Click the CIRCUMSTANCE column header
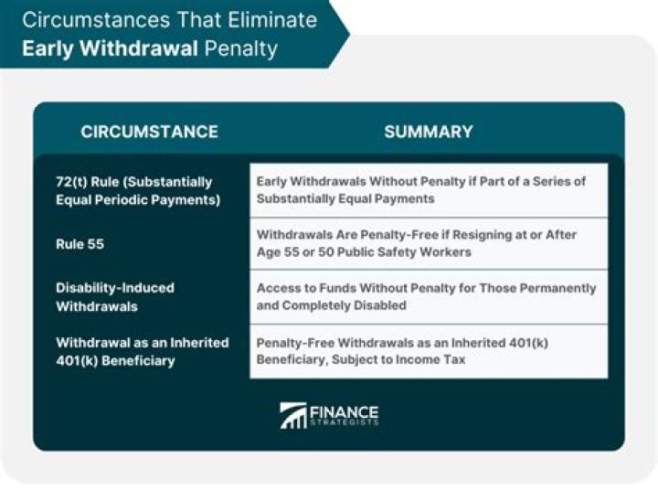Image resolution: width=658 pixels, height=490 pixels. (149, 132)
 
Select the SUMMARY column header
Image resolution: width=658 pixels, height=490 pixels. (428, 132)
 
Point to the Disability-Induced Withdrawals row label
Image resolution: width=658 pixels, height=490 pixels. (115, 296)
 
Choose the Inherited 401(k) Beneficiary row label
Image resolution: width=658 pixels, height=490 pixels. (142, 350)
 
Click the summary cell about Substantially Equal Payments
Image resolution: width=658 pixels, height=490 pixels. (428, 189)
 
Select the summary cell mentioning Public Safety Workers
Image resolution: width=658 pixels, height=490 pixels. (428, 243)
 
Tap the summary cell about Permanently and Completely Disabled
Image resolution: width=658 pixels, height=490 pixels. (428, 296)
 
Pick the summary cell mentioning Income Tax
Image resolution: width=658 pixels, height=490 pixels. (428, 350)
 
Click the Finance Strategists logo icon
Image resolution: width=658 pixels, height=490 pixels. (293, 416)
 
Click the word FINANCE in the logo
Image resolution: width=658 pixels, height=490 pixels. (345, 411)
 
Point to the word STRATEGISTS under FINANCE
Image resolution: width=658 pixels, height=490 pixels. (345, 424)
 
